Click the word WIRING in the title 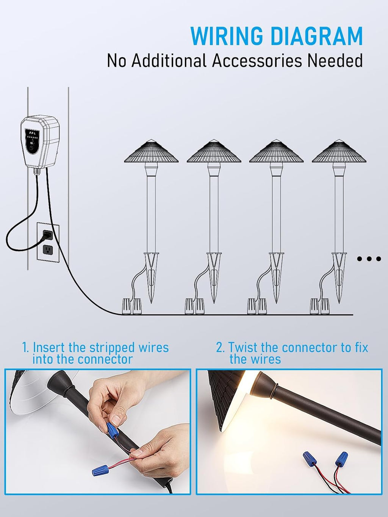point(226,36)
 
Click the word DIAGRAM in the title point(317,36)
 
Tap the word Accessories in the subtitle point(257,61)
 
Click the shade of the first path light point(151,151)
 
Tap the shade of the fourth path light point(339,151)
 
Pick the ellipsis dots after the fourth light point(369,259)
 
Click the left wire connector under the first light point(127,306)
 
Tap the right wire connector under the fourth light point(325,306)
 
